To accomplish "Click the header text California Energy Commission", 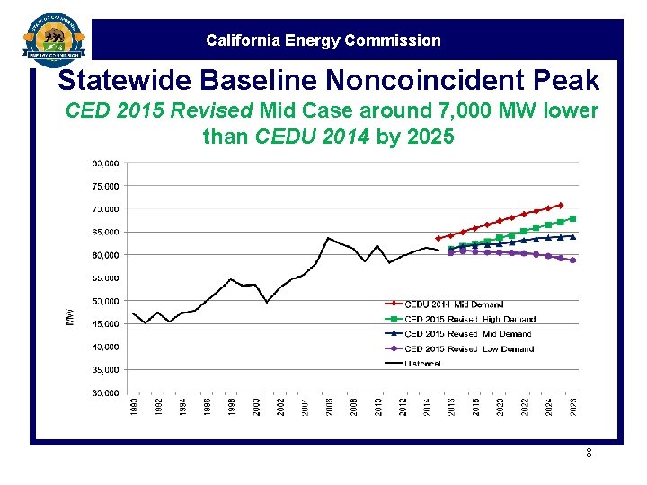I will point(323,40).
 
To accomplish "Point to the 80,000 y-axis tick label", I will point(105,163).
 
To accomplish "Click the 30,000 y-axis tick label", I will point(105,392).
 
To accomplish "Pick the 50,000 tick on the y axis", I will point(105,301).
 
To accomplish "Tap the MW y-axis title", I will point(70,317).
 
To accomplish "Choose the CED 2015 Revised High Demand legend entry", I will point(469,319).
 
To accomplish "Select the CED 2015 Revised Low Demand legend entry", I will point(468,348).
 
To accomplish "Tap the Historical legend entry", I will point(422,363).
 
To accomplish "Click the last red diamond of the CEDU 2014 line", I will point(561,206).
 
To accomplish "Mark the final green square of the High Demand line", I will point(572,219).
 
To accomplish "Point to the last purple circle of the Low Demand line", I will point(572,260).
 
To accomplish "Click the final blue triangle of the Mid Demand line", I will point(572,236).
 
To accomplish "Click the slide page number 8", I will point(589,454).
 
